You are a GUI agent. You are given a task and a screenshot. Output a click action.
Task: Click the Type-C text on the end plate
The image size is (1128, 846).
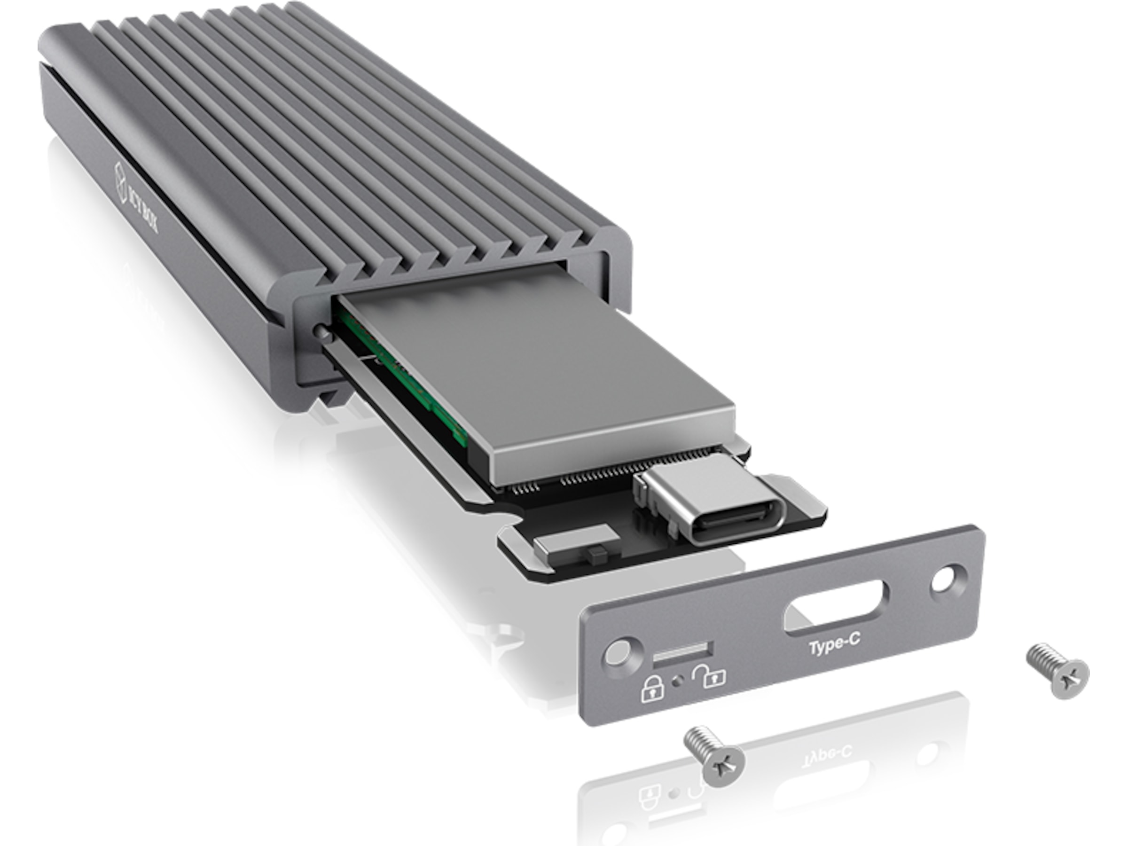click(834, 644)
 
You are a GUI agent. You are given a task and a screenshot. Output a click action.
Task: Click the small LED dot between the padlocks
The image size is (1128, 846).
click(678, 680)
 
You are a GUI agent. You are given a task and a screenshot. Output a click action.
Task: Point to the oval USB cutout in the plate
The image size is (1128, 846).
click(837, 610)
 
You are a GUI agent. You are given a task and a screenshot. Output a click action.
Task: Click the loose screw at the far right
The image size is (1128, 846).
click(1058, 670)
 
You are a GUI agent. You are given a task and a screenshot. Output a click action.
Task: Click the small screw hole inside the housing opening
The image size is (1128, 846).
click(320, 331)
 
